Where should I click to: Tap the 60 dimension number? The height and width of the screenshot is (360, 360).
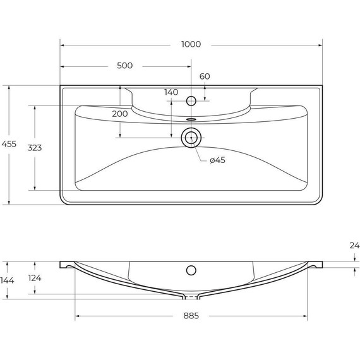coord(205,76)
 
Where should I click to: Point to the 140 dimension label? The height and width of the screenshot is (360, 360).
coord(171,92)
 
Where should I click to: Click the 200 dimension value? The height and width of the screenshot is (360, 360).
coord(119,114)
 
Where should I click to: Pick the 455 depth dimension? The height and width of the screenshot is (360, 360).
coord(9,144)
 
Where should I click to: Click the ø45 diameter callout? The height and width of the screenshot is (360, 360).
coord(217,160)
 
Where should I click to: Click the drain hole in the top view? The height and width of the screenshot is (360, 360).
coord(191,137)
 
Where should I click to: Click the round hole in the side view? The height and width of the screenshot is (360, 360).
coord(191,270)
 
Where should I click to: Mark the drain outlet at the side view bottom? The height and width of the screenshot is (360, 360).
coord(191,296)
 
